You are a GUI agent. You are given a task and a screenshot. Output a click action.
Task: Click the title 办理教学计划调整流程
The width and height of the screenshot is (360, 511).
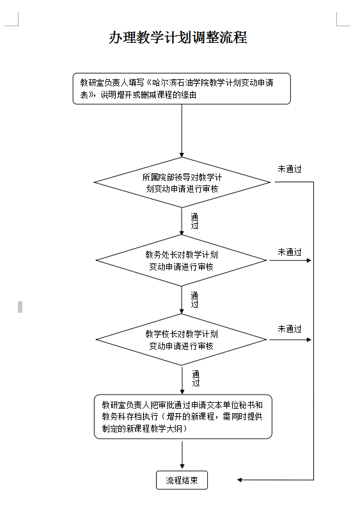pos(178,38)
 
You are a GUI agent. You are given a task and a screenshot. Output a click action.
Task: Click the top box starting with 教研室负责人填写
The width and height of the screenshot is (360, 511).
pos(182,89)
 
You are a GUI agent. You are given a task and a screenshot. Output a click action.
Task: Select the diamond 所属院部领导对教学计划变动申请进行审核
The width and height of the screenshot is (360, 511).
pos(182,182)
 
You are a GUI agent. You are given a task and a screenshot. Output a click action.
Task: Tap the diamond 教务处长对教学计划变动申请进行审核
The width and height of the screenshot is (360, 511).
pos(182,260)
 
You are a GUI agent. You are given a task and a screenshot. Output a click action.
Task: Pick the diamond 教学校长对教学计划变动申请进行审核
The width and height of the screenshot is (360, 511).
pos(182,340)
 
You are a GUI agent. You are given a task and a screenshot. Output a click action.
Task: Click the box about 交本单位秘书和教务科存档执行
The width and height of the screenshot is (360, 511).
pos(183,416)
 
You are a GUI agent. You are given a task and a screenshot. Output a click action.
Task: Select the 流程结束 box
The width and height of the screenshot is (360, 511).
pos(182,480)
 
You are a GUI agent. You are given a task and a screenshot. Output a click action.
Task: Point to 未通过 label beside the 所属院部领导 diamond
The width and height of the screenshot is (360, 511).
pos(290,169)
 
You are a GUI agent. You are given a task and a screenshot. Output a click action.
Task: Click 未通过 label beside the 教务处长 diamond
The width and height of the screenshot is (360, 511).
pos(290,252)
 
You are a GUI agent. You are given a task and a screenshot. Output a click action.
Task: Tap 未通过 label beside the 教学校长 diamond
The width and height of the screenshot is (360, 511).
pos(290,329)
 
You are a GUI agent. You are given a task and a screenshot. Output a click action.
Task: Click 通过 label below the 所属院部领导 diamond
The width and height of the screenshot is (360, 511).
pos(194,221)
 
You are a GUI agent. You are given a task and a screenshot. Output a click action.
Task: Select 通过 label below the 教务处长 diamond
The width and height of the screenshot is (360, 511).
pos(194,299)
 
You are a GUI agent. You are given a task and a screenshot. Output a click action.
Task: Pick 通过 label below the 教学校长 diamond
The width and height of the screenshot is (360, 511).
pos(196,378)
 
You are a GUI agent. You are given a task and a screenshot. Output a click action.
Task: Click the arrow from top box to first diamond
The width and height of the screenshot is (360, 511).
pos(182,131)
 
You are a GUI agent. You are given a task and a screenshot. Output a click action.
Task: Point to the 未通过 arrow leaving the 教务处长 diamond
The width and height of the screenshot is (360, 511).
pos(290,260)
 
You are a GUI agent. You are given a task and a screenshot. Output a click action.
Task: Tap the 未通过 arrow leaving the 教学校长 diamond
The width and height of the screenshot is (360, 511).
pos(290,340)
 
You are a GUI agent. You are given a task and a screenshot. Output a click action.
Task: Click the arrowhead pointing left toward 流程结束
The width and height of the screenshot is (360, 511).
pos(239,480)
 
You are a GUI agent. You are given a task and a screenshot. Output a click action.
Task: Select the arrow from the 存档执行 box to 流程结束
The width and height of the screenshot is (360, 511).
pos(182,455)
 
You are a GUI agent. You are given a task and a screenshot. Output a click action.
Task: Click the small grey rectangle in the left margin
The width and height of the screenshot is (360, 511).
pos(20,307)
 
